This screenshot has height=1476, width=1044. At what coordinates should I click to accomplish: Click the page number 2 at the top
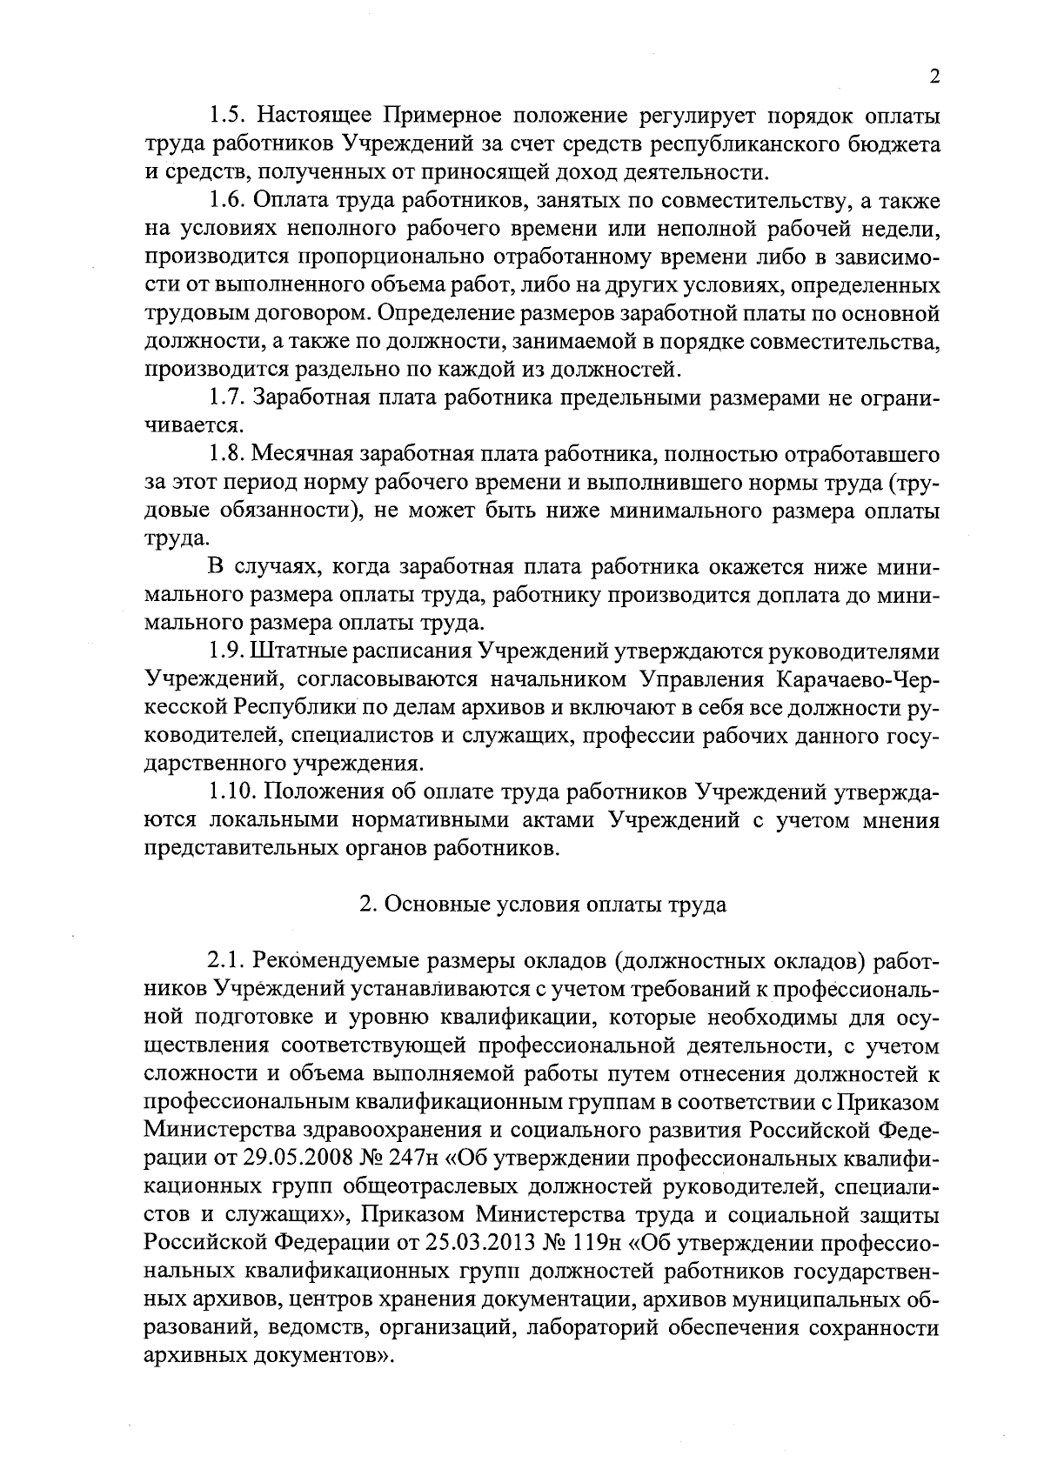point(934,77)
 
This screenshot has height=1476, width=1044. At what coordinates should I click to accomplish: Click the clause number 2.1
point(227,961)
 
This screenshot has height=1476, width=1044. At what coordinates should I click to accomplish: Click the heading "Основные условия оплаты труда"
point(543,905)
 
